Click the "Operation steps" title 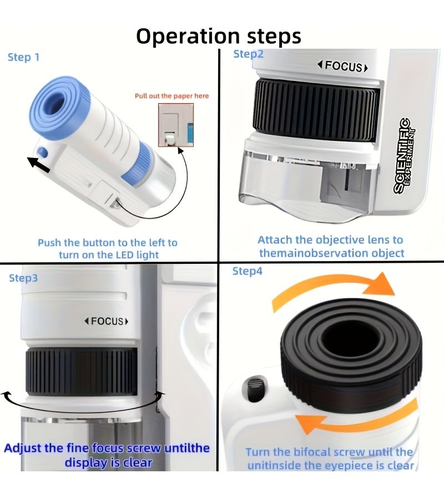coord(219,36)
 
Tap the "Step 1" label coord(23,57)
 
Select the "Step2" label coord(249,54)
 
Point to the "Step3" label coord(23,278)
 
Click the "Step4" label coord(247,271)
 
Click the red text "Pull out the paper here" coord(171,96)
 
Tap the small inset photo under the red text coord(176,125)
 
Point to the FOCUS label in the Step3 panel coord(107,321)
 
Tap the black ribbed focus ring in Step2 coord(316,110)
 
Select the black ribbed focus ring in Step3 coord(82,371)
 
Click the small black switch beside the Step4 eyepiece coord(254,389)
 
